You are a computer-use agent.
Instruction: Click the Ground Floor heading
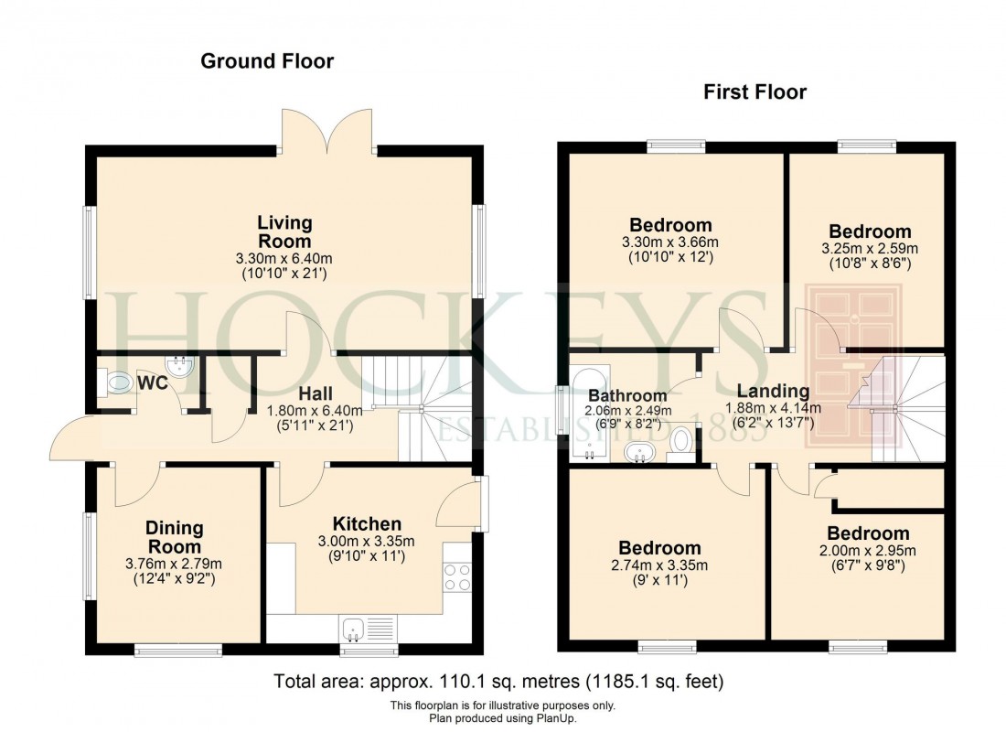pos(267,62)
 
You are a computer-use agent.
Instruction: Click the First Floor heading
pos(754,92)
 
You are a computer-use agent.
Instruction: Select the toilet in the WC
pos(119,382)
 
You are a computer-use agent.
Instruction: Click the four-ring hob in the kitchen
pos(456,576)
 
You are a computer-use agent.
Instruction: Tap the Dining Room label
pos(174,537)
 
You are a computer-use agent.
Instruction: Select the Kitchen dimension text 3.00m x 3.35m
pos(366,541)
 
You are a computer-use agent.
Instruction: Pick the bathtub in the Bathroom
pos(585,412)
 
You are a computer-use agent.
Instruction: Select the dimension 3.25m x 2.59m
pos(870,248)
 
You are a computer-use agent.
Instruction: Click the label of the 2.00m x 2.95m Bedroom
pos(868,533)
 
